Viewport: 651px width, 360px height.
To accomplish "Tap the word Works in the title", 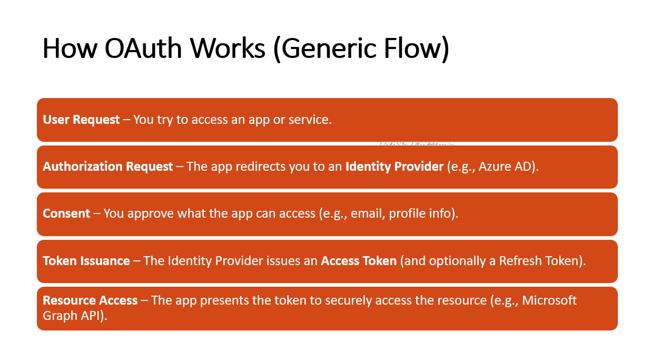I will click(x=228, y=48).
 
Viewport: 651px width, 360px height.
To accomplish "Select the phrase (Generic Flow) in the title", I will click(x=361, y=48).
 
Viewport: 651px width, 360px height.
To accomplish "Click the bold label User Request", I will click(x=81, y=120).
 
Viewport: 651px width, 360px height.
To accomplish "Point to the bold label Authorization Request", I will click(x=107, y=167).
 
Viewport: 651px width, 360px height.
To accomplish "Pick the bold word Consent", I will click(x=66, y=213).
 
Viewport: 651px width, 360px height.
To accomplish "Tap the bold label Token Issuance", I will click(x=86, y=261).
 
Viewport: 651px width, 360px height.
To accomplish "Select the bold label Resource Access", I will click(x=90, y=300).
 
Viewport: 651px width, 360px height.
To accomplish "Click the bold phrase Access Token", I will click(x=359, y=261).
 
